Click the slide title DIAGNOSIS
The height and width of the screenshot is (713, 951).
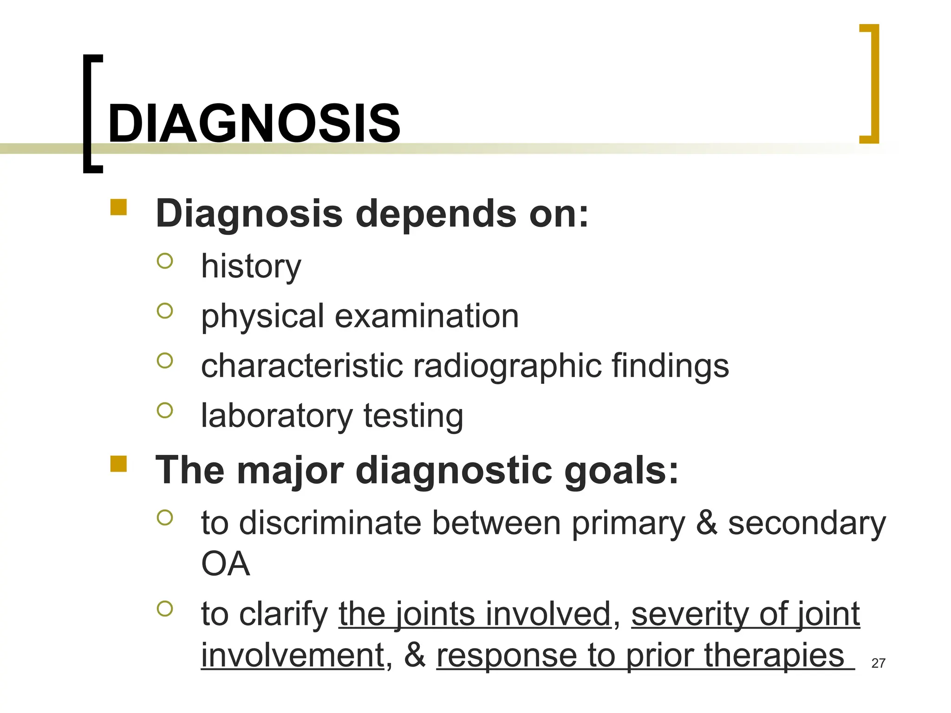pos(254,123)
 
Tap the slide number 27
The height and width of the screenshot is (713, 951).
pos(878,663)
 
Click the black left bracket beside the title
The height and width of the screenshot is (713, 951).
pos(88,114)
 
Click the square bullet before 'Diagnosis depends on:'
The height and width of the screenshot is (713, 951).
pos(118,207)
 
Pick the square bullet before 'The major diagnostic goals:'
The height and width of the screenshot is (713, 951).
pos(118,464)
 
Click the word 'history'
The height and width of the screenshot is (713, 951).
pos(251,267)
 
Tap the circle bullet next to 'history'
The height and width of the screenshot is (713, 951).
pos(165,261)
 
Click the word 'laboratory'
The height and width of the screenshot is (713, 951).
pos(277,416)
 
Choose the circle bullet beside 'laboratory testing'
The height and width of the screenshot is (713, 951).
pos(165,410)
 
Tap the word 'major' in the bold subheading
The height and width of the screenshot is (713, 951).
pos(290,471)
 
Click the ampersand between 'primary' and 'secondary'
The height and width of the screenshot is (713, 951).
pos(706,523)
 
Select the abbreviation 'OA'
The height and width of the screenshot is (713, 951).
pos(225,564)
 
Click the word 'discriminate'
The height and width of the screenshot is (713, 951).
pos(330,523)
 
